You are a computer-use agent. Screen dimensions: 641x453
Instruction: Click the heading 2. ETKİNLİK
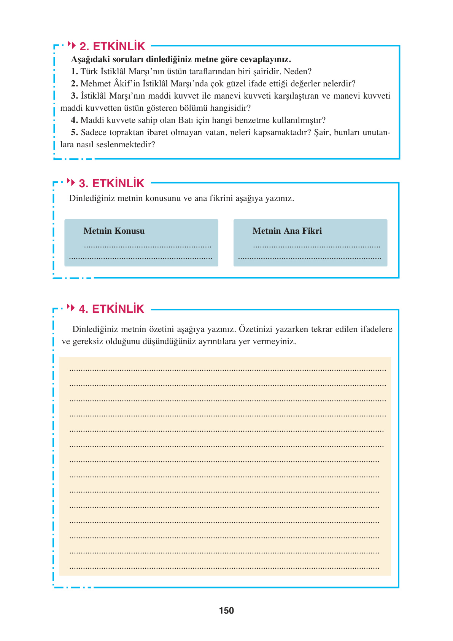pyautogui.click(x=112, y=46)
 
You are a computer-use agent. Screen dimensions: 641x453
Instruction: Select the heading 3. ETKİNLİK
pyautogui.click(x=111, y=183)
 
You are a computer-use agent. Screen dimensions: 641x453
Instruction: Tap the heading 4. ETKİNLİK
pyautogui.click(x=111, y=309)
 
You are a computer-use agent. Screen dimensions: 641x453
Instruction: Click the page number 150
pyautogui.click(x=226, y=611)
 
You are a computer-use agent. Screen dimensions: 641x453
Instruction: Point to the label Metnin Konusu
pyautogui.click(x=114, y=231)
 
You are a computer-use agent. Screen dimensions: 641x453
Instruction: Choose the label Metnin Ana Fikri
pyautogui.click(x=287, y=231)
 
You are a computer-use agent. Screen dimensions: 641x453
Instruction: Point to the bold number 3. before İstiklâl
pyautogui.click(x=74, y=96)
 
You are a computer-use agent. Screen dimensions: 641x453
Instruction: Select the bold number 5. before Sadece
pyautogui.click(x=74, y=132)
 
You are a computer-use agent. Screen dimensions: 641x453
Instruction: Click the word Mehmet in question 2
pyautogui.click(x=95, y=84)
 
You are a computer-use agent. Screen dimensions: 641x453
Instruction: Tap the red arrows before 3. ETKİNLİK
pyautogui.click(x=71, y=182)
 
